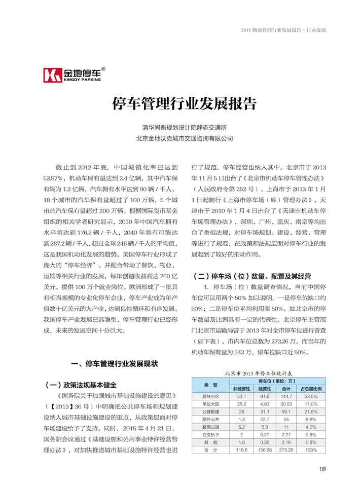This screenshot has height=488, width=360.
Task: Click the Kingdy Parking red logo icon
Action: point(52,75)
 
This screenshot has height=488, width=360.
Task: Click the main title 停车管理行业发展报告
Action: point(184,104)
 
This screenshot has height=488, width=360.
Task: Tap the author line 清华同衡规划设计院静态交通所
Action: point(184,128)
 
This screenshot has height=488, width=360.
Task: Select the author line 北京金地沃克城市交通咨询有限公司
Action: point(184,138)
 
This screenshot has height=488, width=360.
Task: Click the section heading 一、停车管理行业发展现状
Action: point(115,364)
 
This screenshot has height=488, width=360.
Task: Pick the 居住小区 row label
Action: point(210,396)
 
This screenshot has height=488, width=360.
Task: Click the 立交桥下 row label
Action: point(210,434)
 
